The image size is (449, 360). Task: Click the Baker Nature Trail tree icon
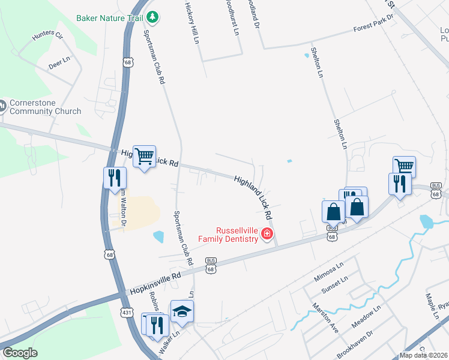coord(153,17)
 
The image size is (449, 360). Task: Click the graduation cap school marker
coord(182,311)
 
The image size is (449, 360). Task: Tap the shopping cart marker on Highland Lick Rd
coord(144,157)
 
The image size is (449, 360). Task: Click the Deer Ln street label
coord(59,64)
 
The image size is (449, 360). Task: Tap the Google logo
coord(20,353)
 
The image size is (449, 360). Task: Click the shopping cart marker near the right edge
coord(404,166)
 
